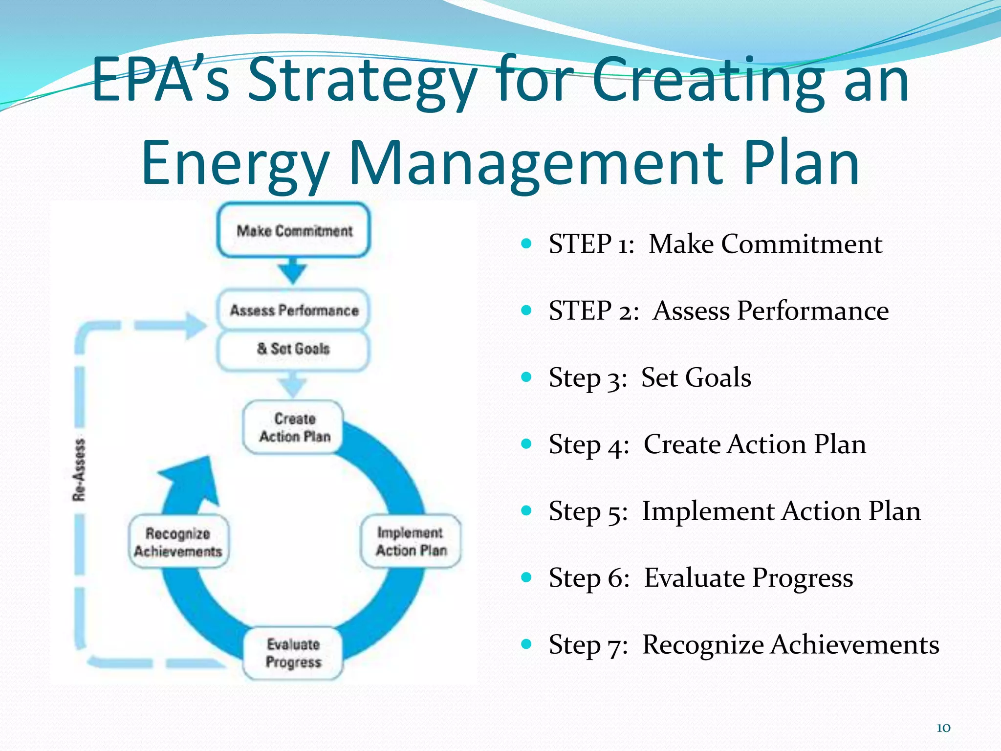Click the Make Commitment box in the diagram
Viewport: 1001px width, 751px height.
coord(293,230)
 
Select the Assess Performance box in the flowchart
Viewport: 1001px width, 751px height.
coord(293,310)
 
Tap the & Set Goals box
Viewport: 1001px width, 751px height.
coord(293,349)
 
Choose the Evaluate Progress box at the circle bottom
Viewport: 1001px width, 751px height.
coord(293,653)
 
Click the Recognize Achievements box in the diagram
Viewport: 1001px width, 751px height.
coord(178,542)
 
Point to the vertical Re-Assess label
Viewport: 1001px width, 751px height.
coord(79,470)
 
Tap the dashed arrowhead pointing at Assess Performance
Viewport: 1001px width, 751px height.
coord(196,325)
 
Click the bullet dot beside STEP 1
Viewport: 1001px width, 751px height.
coord(526,243)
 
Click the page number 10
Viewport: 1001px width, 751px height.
coord(943,728)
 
